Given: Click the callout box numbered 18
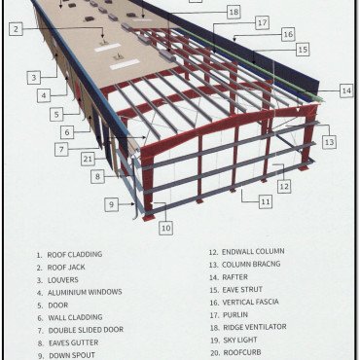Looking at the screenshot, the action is pos(234,13).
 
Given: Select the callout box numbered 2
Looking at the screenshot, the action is pos(16,29).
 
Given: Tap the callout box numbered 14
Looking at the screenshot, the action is pos(346,90).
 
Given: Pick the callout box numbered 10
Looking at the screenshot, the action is pos(165,228).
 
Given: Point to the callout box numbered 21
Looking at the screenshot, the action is pos(88,160).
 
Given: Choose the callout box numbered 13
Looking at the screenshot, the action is pos(329,142).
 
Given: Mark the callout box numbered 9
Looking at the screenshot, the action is pos(111,204).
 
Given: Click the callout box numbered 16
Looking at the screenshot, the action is pos(288,34).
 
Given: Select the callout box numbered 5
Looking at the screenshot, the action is pos(56,115).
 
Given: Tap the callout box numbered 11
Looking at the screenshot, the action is pos(266,201).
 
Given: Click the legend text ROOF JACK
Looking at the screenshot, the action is pos(66,268).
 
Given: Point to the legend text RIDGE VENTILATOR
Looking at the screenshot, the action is pos(255,327).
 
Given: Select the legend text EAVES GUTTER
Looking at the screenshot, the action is pos(73,342).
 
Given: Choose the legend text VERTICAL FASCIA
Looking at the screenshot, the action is pos(250,302).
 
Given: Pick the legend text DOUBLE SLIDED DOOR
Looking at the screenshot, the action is pos(86,330).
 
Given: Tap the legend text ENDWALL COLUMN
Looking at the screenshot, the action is pos(253,251).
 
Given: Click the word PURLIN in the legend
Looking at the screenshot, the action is pos(235,314).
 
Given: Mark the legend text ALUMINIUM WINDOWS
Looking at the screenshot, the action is pos(85,292).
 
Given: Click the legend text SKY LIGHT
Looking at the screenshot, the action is pos(240,340).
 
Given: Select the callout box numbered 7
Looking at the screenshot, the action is pos(61,150).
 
